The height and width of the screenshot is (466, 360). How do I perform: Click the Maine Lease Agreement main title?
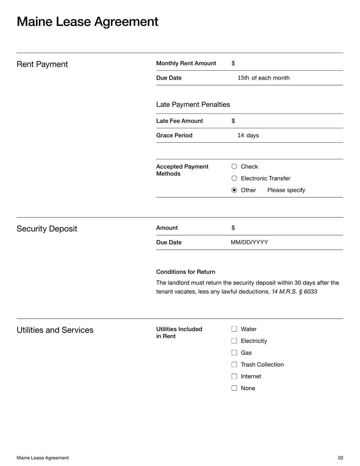[87, 22]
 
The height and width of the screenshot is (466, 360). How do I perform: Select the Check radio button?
[234, 167]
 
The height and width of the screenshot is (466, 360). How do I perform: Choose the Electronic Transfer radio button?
[234, 178]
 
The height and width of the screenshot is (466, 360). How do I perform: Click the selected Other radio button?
[234, 190]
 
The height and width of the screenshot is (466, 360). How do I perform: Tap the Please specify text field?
[286, 190]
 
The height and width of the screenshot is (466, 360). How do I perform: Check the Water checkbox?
[234, 329]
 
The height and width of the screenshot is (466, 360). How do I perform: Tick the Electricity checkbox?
[234, 341]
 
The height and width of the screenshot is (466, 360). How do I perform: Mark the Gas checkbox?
[234, 353]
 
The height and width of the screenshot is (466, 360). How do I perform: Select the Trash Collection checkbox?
[234, 364]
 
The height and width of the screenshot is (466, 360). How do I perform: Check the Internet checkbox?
[234, 376]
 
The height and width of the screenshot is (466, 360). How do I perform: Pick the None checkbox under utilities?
[234, 388]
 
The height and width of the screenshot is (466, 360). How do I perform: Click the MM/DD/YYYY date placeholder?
[249, 242]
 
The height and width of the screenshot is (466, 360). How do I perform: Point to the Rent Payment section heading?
[42, 64]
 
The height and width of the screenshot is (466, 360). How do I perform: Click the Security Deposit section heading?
[47, 229]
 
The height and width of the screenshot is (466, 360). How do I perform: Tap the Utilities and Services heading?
[55, 330]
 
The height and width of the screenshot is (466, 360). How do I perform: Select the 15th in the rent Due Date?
[243, 78]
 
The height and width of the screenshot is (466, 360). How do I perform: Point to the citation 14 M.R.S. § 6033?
[294, 292]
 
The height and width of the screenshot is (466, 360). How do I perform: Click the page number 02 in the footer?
[340, 458]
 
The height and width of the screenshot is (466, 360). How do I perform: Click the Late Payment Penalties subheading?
[193, 104]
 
